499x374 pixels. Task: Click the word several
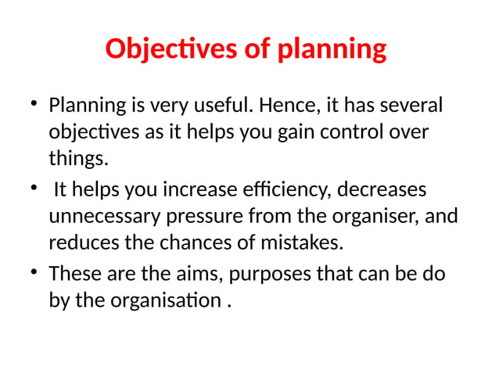point(411,104)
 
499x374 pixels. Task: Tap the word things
point(76,160)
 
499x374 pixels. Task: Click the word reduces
point(84,243)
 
